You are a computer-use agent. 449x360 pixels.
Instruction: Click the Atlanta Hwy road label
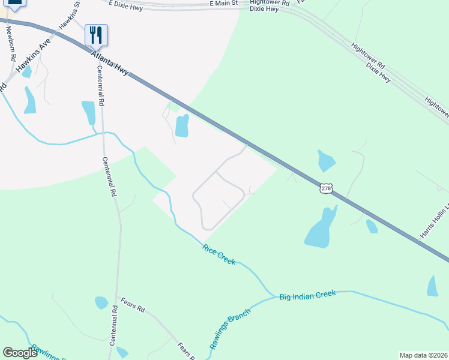pos(110,63)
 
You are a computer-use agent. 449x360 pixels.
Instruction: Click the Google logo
pos(20,353)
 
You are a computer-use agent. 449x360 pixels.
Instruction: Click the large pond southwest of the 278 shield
pos(321,229)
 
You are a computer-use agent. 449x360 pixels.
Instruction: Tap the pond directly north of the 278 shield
pos(325,160)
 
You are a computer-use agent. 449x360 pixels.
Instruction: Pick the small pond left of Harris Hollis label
pos(372,226)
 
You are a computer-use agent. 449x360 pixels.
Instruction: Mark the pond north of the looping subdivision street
pos(181,125)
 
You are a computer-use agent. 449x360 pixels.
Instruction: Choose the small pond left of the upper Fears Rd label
pos(101,303)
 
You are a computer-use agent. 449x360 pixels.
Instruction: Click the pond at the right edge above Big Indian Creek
pos(433,286)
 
